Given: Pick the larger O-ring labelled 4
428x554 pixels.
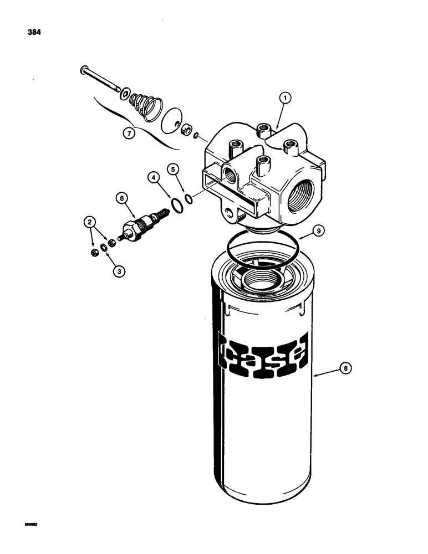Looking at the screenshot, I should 177,207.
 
